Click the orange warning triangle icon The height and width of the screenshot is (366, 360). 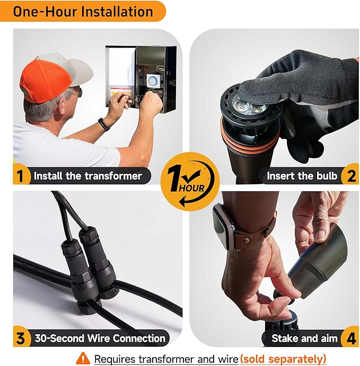(x=83, y=358)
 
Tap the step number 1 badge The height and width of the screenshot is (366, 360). (x=21, y=175)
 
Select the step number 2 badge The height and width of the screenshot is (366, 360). (x=350, y=175)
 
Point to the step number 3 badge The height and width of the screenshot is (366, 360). (x=21, y=338)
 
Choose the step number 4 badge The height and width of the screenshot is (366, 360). (x=350, y=338)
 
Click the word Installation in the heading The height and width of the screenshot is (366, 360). (x=117, y=12)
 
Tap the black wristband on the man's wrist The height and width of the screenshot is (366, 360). (x=104, y=124)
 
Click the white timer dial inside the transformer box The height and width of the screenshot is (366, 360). (x=153, y=81)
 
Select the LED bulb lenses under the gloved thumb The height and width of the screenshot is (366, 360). (x=250, y=107)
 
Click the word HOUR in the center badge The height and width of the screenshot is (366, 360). (x=191, y=188)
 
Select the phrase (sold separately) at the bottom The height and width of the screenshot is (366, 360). (x=283, y=359)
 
